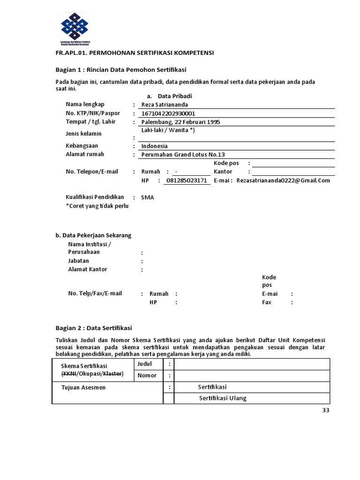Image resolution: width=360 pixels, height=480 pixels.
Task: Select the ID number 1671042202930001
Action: (x=165, y=113)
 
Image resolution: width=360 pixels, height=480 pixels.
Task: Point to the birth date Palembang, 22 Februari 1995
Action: (x=177, y=122)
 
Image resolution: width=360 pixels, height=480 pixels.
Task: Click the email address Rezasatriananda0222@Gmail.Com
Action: (x=283, y=180)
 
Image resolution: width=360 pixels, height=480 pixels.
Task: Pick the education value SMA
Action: (x=147, y=197)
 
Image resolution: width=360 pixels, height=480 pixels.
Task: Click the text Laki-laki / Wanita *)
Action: (x=168, y=130)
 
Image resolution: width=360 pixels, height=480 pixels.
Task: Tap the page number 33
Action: (x=326, y=411)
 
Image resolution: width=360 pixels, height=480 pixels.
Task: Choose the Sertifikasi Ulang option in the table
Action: (x=223, y=398)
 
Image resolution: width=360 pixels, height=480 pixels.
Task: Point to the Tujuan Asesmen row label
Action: (x=83, y=387)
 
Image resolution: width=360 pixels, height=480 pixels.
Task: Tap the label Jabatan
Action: (x=78, y=261)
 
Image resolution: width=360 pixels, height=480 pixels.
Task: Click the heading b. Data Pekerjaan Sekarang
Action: (x=94, y=235)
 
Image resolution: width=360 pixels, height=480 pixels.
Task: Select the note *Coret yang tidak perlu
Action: (x=97, y=206)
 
